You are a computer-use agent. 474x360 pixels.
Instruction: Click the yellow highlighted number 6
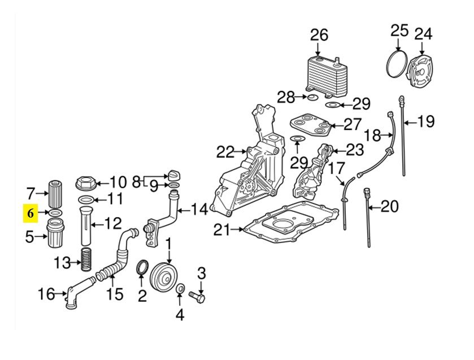tap(31, 213)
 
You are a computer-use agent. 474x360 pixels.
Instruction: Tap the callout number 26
tap(319, 35)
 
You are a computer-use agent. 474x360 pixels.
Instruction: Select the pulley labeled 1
tap(165, 277)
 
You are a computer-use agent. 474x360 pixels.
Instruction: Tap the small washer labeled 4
tap(180, 289)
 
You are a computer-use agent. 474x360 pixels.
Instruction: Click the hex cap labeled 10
tap(86, 183)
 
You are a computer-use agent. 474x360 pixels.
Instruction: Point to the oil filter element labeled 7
tap(55, 193)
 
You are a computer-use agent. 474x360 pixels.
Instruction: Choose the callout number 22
tap(225, 152)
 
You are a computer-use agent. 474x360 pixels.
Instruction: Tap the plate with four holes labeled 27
tap(309, 124)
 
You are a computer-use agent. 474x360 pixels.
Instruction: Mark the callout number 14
tap(199, 209)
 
